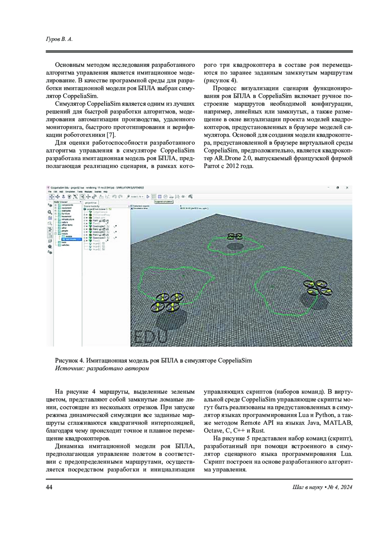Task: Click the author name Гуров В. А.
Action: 60,39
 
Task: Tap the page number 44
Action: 50,487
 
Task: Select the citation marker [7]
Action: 111,135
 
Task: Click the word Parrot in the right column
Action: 211,166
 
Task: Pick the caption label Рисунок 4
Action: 69,360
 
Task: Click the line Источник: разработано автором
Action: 102,368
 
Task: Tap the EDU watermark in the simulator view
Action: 151,337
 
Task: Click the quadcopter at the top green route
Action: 234,236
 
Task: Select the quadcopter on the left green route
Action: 167,302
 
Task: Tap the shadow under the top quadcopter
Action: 234,246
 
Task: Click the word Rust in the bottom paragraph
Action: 258,430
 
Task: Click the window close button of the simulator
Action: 347,187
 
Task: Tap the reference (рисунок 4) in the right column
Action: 221,80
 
